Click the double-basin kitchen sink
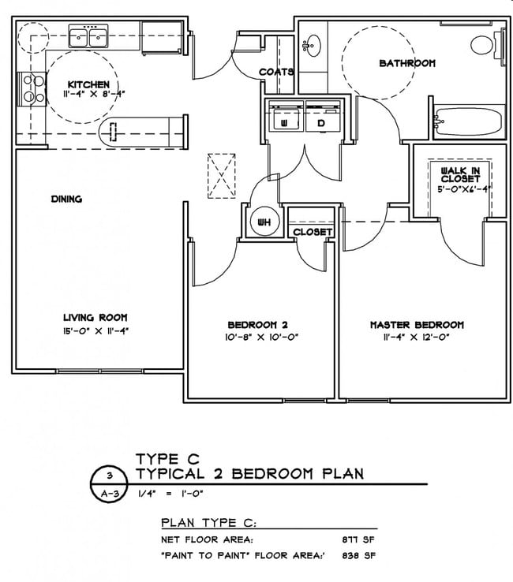[88, 37]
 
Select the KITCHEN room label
[83, 84]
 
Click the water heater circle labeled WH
[264, 222]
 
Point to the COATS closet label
[277, 72]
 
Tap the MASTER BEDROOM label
[417, 325]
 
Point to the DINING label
[66, 200]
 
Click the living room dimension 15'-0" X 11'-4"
[95, 330]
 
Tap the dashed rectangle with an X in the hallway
[222, 176]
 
